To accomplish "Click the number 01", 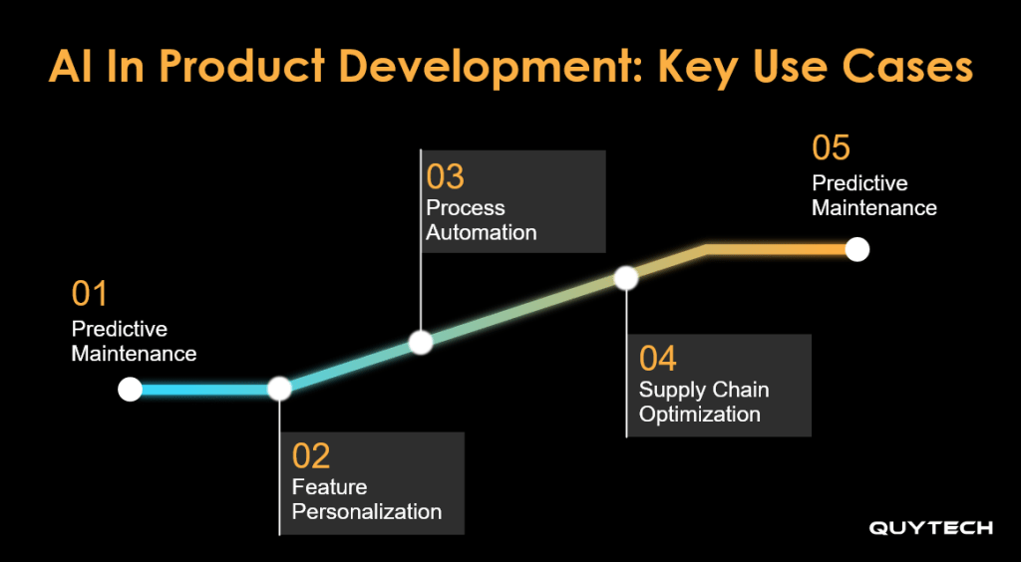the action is (89, 294).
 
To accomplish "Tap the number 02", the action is (311, 456).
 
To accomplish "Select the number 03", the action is (446, 177).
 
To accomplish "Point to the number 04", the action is (658, 359).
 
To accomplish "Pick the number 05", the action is (831, 147).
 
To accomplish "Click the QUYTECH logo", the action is (930, 527).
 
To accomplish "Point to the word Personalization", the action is (367, 511).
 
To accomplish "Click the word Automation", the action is (482, 232).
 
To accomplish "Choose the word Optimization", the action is (699, 415).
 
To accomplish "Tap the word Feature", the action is (329, 486).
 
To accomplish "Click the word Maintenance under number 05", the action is (874, 208).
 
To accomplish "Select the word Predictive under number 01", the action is (120, 329).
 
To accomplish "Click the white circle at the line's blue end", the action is (131, 390).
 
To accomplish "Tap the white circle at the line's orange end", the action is (857, 249).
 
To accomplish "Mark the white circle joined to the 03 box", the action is (421, 342).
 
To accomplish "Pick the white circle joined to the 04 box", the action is (626, 278).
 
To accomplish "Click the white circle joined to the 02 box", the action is (279, 389).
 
